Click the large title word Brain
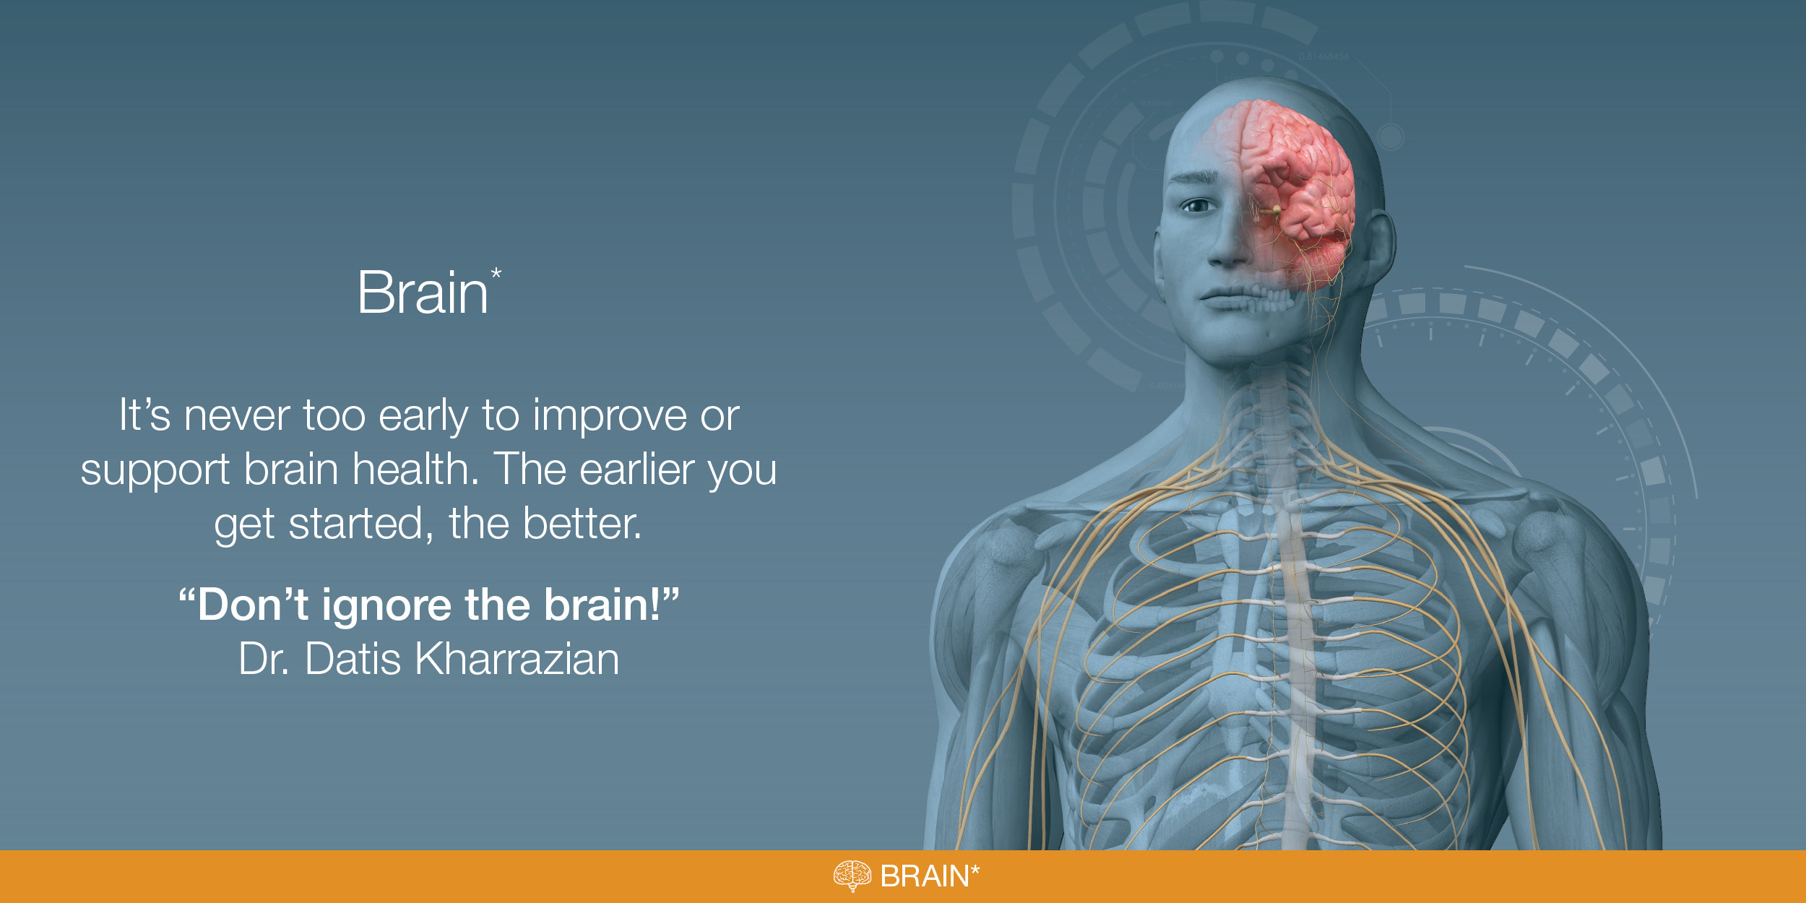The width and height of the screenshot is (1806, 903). [x=423, y=293]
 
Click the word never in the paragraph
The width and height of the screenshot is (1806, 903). [x=236, y=417]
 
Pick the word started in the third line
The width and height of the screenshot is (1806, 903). [x=355, y=524]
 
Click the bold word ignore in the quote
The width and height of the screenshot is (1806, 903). [x=386, y=608]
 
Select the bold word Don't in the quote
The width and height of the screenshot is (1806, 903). [x=253, y=605]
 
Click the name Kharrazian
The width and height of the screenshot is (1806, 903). [x=517, y=659]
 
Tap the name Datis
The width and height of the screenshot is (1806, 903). [x=353, y=659]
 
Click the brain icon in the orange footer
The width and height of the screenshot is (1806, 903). [x=852, y=876]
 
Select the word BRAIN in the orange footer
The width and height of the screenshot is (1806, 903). [x=925, y=876]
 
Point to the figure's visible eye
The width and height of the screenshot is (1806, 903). [x=1198, y=207]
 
